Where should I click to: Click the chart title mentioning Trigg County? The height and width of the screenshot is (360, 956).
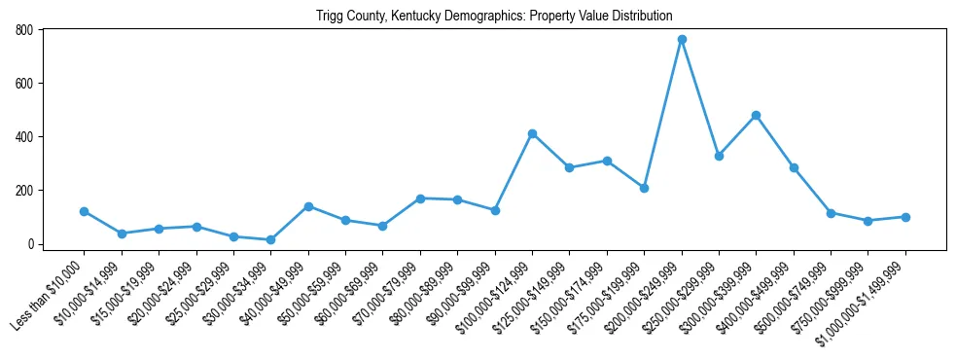494,16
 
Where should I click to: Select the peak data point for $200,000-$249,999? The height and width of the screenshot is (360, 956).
682,39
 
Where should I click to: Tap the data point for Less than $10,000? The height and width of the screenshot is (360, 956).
84,211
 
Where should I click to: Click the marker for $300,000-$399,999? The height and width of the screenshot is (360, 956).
756,115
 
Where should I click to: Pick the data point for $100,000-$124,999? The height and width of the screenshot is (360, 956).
532,133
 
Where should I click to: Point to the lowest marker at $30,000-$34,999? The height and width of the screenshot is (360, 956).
270,239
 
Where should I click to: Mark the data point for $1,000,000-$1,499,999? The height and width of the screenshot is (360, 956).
905,217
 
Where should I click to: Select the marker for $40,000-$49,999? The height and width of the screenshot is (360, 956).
308,206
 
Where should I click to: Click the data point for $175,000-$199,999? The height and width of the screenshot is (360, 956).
644,188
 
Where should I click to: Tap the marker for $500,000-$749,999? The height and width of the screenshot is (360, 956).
831,213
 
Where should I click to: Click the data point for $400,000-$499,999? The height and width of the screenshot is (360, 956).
794,167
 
